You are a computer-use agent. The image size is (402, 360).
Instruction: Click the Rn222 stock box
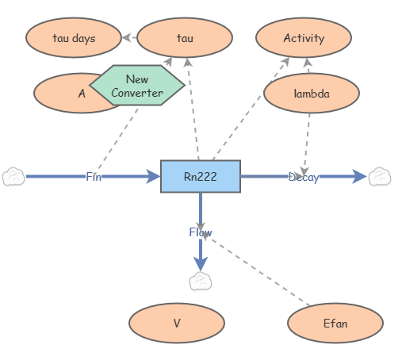pos(200,176)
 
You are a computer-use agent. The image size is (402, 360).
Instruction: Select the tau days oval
pos(73,38)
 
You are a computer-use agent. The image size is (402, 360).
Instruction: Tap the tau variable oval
pos(184,38)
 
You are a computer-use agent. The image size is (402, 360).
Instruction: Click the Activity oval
pos(303,38)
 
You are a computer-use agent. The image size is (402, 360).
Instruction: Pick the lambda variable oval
pos(311,94)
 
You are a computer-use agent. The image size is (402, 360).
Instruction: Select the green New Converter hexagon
pos(136,86)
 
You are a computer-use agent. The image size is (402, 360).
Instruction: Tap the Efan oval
pos(335,324)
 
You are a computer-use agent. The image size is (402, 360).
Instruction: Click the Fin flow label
pos(94,177)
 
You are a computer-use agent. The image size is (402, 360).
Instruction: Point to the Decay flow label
pos(303,177)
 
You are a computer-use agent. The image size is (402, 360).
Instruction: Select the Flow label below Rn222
pos(200,232)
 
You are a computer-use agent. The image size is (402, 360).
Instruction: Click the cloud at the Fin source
pos(13,177)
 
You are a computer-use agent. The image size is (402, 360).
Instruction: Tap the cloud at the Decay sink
pos(380,177)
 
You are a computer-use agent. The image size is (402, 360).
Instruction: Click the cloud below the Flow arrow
pos(201,281)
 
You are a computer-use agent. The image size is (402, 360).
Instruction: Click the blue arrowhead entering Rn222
pos(153,177)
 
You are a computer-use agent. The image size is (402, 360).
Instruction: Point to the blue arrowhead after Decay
pos(359,177)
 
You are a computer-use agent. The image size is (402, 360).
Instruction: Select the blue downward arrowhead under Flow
pos(201,263)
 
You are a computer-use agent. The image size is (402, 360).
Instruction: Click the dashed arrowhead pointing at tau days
pos(126,37)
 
